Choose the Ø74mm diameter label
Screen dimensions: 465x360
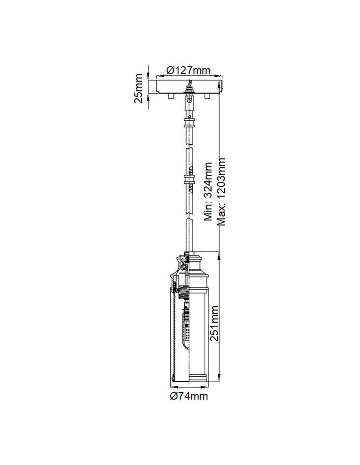point(188,396)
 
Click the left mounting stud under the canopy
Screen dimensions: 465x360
point(171,96)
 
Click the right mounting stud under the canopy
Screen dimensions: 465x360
point(207,96)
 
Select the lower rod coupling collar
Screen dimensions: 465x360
point(189,180)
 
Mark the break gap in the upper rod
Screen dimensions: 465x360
point(189,147)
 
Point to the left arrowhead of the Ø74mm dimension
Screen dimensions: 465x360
point(173,386)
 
